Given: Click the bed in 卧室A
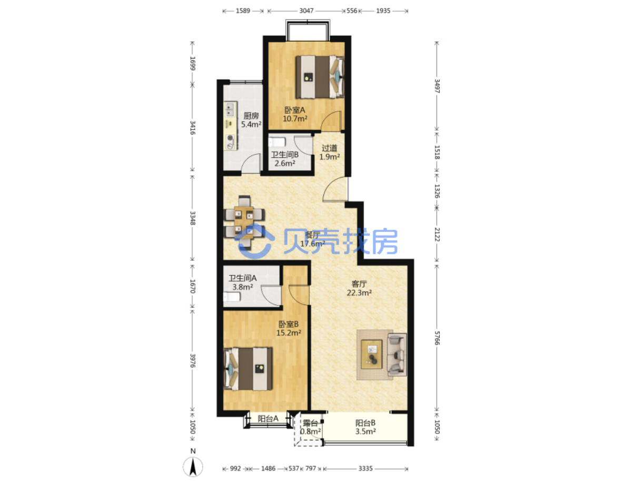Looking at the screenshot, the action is tap(320, 77).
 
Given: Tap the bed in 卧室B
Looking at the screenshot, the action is tap(248, 369).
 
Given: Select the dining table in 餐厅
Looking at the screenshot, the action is tap(244, 222).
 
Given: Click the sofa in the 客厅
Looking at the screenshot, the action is tap(397, 355).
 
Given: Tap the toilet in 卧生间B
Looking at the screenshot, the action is tap(277, 142).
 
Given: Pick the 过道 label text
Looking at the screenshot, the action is tap(329, 148).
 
